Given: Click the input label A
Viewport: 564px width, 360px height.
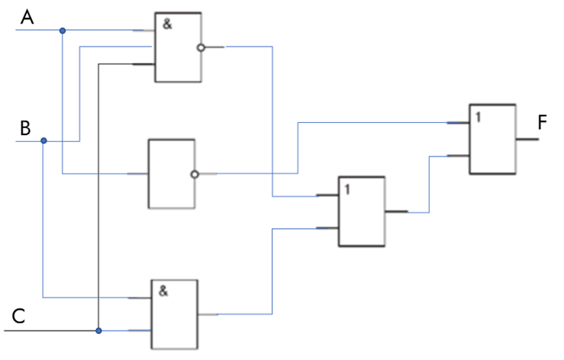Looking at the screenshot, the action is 28,17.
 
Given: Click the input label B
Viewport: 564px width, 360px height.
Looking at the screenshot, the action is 25,128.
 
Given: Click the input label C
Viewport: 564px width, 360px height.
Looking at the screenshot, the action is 19,316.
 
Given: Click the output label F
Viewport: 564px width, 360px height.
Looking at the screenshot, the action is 542,122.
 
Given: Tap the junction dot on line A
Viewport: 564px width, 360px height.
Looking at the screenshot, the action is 63,31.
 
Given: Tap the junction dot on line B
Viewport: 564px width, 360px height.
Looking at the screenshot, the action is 43,140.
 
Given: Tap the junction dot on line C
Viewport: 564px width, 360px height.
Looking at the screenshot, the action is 99,331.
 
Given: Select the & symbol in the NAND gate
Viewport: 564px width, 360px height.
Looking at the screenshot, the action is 167,24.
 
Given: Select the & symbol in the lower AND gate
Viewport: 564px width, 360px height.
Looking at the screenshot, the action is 163,291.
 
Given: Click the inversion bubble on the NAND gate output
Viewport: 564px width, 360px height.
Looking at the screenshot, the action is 200,47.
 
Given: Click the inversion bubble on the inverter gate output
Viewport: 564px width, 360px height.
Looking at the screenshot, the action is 195,174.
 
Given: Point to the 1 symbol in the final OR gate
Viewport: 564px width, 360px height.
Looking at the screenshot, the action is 478,117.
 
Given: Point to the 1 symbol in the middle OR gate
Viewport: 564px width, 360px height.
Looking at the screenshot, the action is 347,189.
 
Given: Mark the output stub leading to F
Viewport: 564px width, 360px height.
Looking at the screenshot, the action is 527,139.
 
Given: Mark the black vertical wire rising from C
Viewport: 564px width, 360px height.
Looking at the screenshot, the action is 99,197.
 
